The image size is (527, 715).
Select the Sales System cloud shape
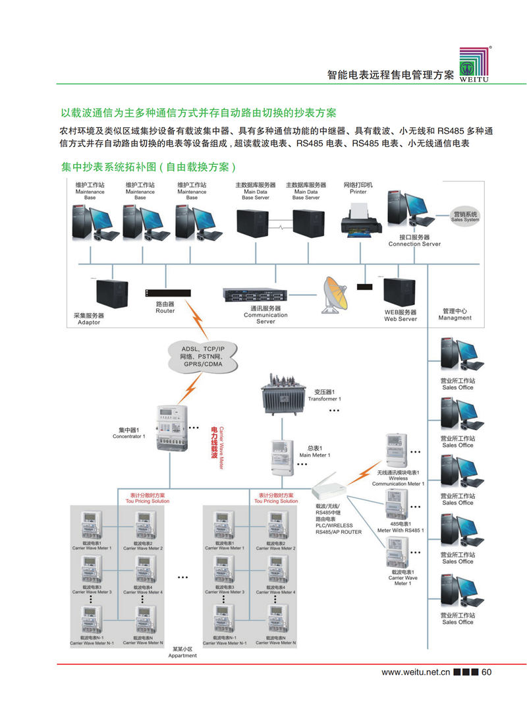pyautogui.click(x=465, y=216)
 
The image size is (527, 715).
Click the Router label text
pyautogui.click(x=165, y=308)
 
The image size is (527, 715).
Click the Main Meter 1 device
pyautogui.click(x=283, y=457)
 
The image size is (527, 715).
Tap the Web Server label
pyautogui.click(x=401, y=316)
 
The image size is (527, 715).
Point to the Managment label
pyautogui.click(x=455, y=314)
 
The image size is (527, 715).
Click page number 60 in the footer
pyautogui.click(x=487, y=673)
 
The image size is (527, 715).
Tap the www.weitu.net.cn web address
pyautogui.click(x=415, y=673)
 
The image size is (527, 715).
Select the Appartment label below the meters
pyautogui.click(x=182, y=652)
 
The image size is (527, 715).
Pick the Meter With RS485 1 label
pyautogui.click(x=401, y=527)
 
